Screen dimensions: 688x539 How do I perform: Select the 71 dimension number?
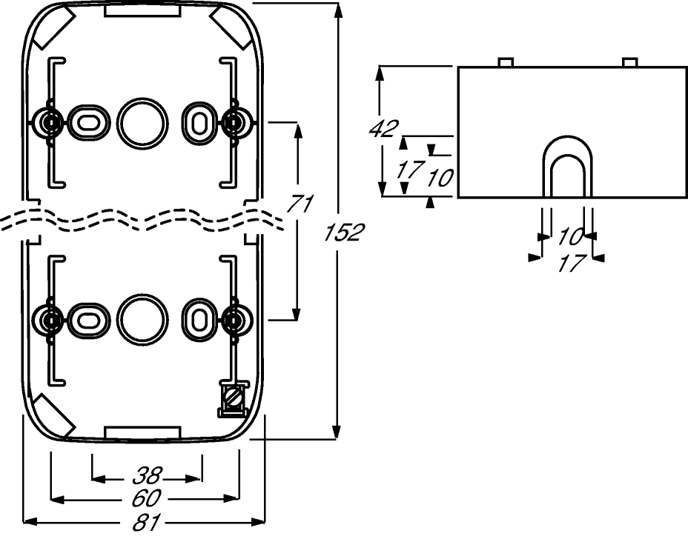pyautogui.click(x=300, y=204)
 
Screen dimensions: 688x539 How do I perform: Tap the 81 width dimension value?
pyautogui.click(x=148, y=522)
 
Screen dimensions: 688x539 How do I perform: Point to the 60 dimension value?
pyautogui.click(x=147, y=498)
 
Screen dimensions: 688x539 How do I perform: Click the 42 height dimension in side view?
pyautogui.click(x=384, y=128)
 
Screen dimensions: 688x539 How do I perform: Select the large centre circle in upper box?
pyautogui.click(x=142, y=124)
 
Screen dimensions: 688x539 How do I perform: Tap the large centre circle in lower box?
pyautogui.click(x=142, y=319)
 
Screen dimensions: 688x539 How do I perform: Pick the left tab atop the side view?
pyautogui.click(x=506, y=62)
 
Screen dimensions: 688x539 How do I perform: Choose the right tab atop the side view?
pyautogui.click(x=630, y=62)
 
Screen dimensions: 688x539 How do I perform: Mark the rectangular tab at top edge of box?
pyautogui.click(x=142, y=11)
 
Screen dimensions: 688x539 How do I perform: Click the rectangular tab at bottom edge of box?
pyautogui.click(x=142, y=432)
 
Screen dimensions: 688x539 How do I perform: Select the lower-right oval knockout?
pyautogui.click(x=199, y=319)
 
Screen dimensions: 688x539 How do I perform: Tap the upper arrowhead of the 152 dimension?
pyautogui.click(x=337, y=11)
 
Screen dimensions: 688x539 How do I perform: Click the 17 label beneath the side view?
pyautogui.click(x=572, y=264)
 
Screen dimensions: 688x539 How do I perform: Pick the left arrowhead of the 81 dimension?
pyautogui.click(x=30, y=521)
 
